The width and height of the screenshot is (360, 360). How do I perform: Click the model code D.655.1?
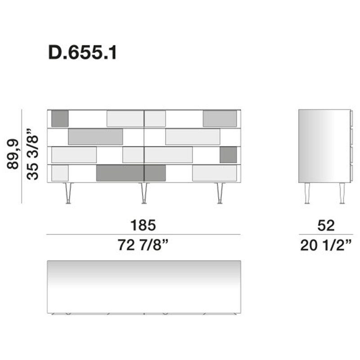tap(82, 53)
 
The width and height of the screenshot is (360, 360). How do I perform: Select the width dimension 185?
tap(143, 225)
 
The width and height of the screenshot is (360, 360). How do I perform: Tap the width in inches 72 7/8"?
tap(143, 245)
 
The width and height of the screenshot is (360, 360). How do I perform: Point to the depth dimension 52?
tap(326, 225)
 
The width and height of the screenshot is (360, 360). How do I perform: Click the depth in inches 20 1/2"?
tap(326, 245)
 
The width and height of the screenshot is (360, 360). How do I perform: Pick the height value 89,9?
tap(13, 154)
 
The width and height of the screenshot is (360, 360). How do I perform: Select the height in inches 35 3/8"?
tap(32, 154)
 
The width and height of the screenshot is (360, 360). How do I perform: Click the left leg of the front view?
tap(68, 193)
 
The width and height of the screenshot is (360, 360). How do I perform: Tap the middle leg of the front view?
tap(144, 193)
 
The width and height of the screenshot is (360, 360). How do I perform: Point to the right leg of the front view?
tap(220, 193)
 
